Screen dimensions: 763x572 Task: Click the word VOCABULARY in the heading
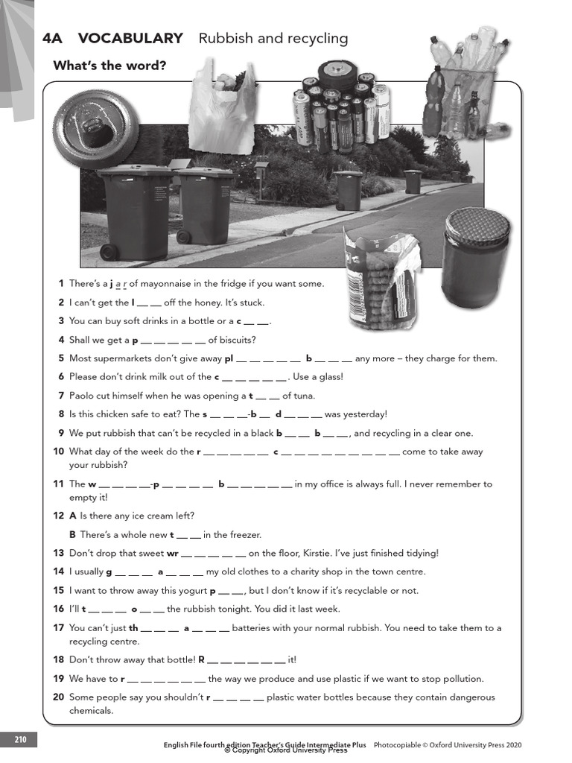(x=130, y=39)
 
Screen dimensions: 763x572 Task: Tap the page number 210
(x=19, y=740)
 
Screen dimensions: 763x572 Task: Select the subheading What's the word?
(x=109, y=66)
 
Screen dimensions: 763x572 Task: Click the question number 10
(x=59, y=452)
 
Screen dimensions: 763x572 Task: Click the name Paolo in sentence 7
(x=83, y=396)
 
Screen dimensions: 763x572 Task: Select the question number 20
(x=59, y=697)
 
